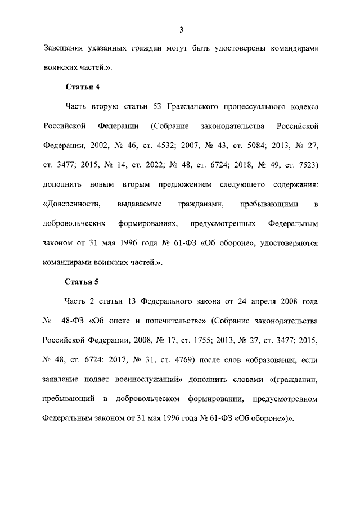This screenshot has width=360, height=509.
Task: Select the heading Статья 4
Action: click(83, 87)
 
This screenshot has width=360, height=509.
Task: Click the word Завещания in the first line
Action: click(66, 48)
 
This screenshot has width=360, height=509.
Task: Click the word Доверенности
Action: click(71, 204)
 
